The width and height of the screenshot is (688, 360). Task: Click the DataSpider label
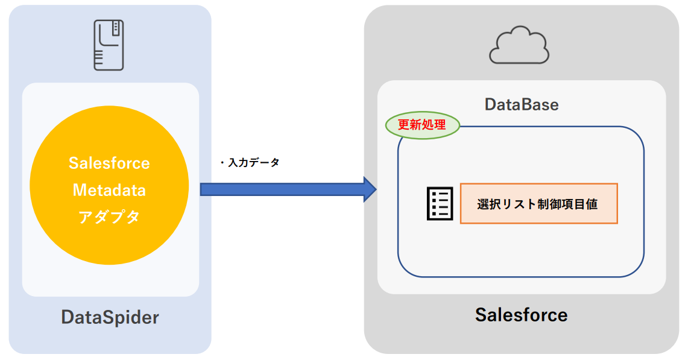[x=110, y=317]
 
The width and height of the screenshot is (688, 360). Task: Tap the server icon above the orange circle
[x=109, y=45]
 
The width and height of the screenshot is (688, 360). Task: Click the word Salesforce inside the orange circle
[x=109, y=163]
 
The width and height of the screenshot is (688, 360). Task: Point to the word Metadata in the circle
[x=109, y=190]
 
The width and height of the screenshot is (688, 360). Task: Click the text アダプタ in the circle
[x=109, y=216]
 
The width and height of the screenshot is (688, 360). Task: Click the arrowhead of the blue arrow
[x=368, y=190]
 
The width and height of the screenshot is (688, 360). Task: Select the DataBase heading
[x=522, y=104]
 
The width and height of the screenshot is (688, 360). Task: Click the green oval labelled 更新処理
[x=422, y=125]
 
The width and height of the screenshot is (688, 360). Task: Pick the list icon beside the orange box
[x=440, y=204]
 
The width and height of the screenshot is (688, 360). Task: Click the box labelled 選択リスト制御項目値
[x=538, y=204]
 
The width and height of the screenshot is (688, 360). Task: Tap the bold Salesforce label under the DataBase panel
[x=521, y=314]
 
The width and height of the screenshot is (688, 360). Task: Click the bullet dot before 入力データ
[x=222, y=163]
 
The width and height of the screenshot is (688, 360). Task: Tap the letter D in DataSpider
[x=67, y=317]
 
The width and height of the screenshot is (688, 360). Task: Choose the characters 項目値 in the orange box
[x=579, y=204]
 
